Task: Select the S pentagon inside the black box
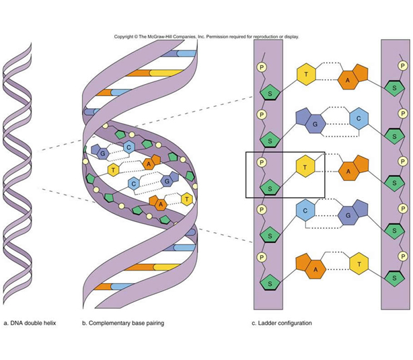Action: tap(270, 188)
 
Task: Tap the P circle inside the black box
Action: tap(262, 162)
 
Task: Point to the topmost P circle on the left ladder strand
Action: tap(262, 68)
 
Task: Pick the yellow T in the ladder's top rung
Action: tap(307, 75)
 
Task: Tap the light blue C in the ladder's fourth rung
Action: tap(305, 211)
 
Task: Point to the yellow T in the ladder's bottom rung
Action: tap(359, 264)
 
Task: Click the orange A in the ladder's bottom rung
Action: tap(315, 267)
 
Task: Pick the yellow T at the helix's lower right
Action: tap(185, 199)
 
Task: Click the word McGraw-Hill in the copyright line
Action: tap(160, 37)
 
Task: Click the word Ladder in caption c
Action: tap(268, 323)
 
